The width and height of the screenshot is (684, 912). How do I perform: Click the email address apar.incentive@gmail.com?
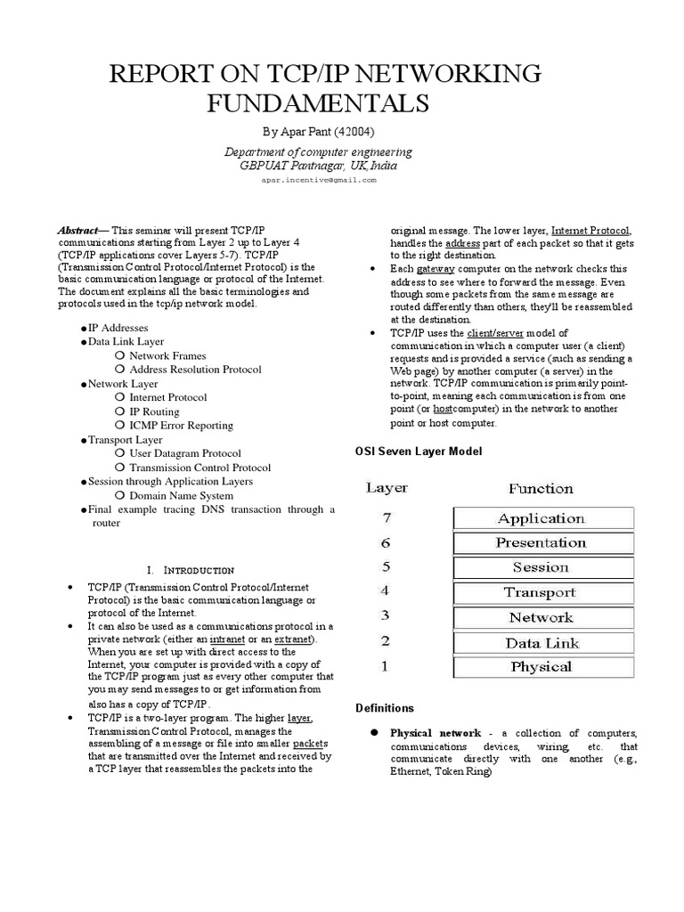coord(318,179)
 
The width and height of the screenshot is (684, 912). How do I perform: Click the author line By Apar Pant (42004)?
coord(318,132)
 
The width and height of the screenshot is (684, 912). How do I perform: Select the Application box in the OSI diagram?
coord(542,518)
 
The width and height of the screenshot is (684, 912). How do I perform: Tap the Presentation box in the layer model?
coord(542,543)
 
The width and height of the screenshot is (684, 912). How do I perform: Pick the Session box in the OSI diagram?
coord(542,567)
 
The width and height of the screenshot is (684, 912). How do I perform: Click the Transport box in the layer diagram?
coord(542,592)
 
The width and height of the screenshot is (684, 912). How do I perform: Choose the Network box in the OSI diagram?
coord(542,617)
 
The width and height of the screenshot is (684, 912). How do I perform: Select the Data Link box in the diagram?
coord(542,642)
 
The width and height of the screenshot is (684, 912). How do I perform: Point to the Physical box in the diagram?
coord(542,666)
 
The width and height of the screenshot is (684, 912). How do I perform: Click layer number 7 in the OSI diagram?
coord(386,517)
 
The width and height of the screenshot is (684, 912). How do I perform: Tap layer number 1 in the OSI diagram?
coord(386,666)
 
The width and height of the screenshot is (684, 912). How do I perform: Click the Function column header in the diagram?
coord(541,488)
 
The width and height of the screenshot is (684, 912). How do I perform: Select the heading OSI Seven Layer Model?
coord(419,452)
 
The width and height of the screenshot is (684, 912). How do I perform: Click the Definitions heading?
coord(385,708)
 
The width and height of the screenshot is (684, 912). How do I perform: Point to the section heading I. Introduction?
coord(191,569)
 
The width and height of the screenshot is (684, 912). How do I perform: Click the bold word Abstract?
coord(77,229)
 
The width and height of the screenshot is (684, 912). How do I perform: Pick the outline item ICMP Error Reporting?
coord(182,426)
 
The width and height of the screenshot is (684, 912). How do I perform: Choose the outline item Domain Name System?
coord(182,496)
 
